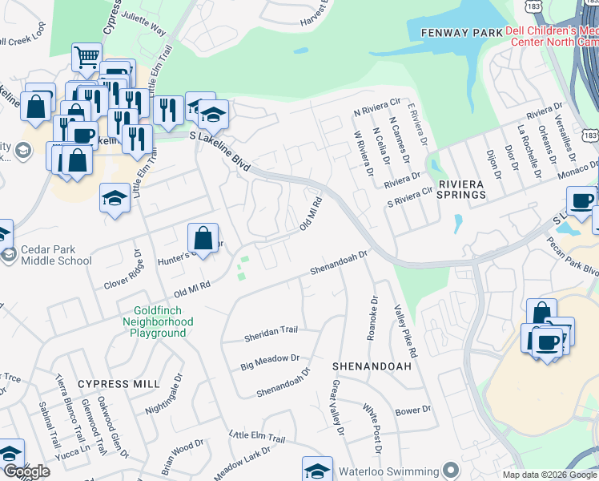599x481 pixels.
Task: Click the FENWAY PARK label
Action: [449, 33]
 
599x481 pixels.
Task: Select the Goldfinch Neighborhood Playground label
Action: [163, 321]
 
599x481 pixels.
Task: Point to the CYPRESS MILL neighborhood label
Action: [119, 384]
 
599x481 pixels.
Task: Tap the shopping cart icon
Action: [86, 58]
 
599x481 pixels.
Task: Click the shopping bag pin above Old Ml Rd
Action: [203, 238]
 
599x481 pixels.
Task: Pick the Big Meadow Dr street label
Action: [270, 362]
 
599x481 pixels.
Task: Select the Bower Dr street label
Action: [413, 410]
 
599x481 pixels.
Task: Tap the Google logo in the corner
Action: [26, 471]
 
